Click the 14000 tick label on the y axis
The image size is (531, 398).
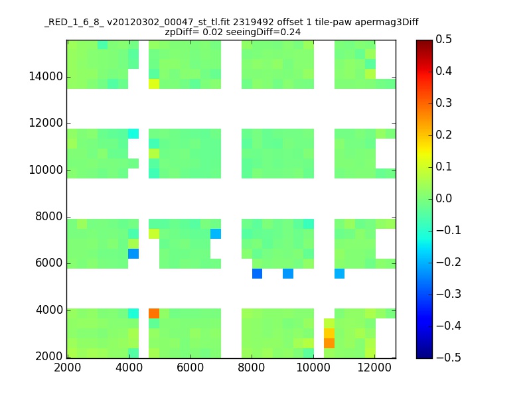pos(46,76)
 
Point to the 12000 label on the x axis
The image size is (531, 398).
pos(374,367)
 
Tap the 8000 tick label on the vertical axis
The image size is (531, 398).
pos(49,217)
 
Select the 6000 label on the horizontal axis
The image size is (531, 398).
pos(190,367)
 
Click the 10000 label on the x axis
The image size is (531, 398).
pos(313,367)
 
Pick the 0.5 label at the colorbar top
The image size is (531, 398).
pos(443,39)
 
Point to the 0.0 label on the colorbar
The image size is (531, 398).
pos(443,198)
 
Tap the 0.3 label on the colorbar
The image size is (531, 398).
pos(443,103)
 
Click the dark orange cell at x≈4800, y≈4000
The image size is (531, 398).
pos(154,313)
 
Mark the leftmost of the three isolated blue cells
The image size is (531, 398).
pos(257,273)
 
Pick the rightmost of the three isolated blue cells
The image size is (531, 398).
pos(340,273)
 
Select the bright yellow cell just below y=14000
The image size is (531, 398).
pos(154,84)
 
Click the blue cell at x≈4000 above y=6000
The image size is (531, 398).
pos(133,253)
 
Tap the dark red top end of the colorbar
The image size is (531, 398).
pos(424,42)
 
